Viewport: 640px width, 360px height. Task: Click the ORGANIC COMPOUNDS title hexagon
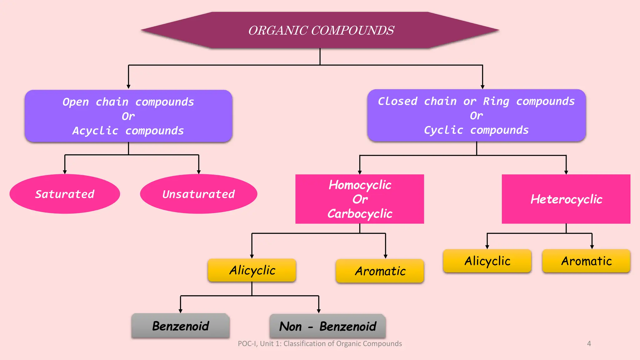point(320,30)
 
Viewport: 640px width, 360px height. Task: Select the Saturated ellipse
point(65,194)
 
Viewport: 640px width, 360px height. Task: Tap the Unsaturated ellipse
point(199,194)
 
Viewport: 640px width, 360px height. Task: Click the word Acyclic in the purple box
point(95,131)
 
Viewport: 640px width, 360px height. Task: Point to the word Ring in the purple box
point(496,101)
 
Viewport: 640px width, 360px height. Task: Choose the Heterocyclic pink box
point(566,199)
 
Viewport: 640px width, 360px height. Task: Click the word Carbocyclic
point(360,214)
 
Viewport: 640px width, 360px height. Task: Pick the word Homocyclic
point(360,185)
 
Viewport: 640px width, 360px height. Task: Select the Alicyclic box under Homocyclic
point(252,270)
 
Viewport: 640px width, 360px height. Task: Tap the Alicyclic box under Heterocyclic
point(487,261)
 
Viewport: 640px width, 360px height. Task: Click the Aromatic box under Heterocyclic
point(586,261)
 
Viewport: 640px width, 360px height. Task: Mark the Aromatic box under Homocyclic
point(380,271)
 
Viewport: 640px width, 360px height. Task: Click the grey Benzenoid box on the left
point(181,326)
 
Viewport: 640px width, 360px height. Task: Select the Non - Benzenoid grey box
point(327,326)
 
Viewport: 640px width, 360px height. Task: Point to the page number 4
point(589,343)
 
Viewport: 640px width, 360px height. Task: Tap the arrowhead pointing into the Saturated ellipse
point(65,172)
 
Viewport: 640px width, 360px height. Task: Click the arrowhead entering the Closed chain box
point(482,87)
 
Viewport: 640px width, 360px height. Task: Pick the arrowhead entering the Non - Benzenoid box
point(319,311)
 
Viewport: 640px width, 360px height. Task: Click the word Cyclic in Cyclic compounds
point(443,130)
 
